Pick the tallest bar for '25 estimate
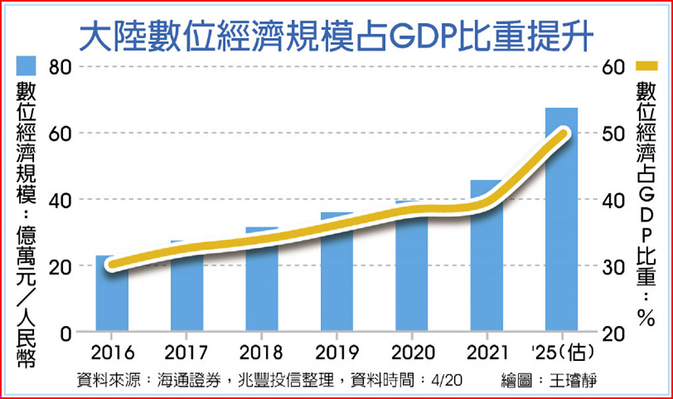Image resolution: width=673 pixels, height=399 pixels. pos(561,223)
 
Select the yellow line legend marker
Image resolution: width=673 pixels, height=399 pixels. pos(647,65)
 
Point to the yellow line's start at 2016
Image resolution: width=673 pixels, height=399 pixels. pos(112,265)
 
